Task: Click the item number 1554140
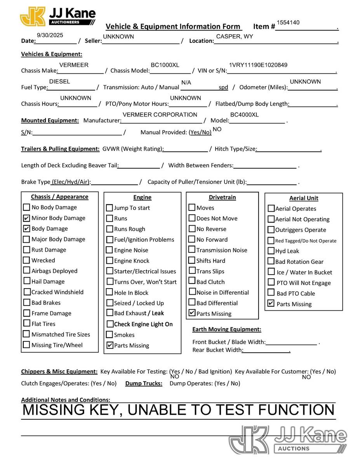(288, 23)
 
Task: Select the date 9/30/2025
(50, 35)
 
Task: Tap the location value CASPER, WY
(235, 37)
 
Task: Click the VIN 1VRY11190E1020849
(258, 65)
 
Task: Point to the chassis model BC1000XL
(165, 65)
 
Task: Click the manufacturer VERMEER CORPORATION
(160, 115)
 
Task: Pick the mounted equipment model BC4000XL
(244, 115)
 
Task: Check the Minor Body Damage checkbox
(26, 218)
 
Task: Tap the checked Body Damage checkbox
(26, 228)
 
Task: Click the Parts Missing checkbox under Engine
(110, 345)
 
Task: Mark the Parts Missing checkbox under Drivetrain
(192, 313)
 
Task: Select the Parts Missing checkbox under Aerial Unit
(271, 304)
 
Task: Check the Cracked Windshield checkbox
(27, 292)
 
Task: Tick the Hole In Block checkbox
(110, 292)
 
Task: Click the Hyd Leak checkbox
(271, 251)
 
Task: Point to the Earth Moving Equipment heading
(226, 329)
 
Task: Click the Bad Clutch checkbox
(192, 281)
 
